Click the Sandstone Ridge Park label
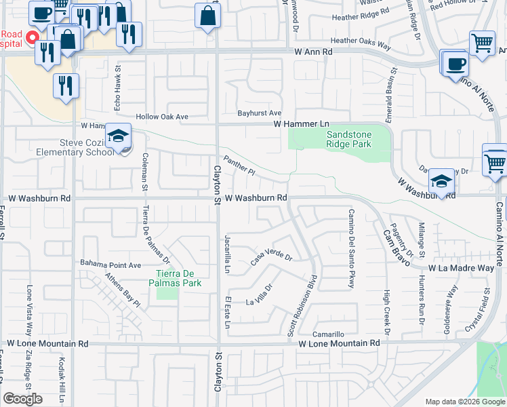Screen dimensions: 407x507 coord(348,139)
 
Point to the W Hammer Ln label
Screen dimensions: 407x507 coord(301,123)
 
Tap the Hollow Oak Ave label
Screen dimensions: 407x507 coord(162,117)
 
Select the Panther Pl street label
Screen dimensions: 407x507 coord(239,167)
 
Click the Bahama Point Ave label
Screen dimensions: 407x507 coord(110,264)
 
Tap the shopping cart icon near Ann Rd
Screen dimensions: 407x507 coord(482,43)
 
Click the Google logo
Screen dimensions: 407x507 coord(23,399)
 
